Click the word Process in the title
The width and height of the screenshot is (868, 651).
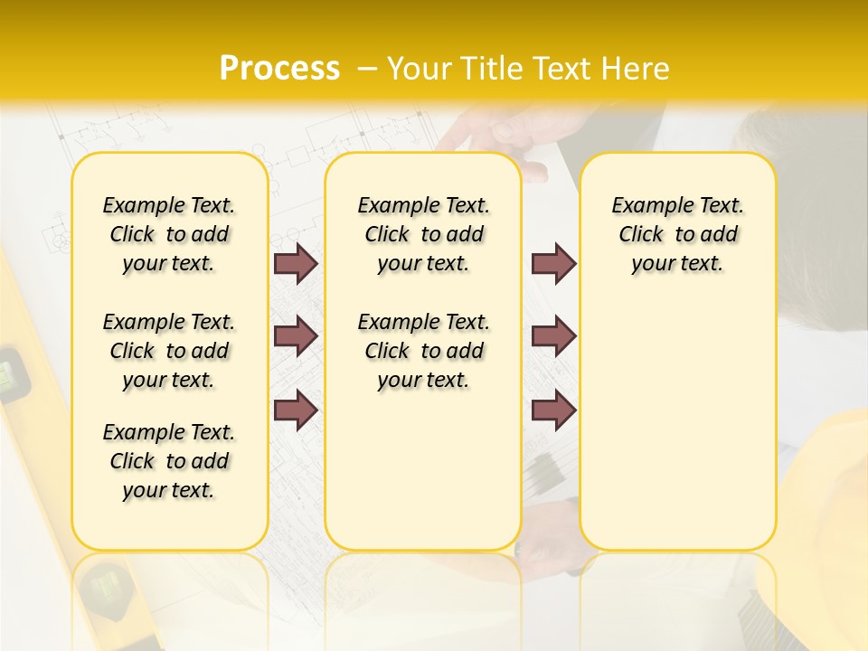(x=279, y=69)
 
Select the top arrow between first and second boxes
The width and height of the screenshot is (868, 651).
(x=296, y=263)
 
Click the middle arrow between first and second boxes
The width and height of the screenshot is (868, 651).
(x=296, y=336)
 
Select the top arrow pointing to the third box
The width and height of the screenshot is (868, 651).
(x=553, y=263)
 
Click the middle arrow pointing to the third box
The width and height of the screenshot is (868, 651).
(x=553, y=336)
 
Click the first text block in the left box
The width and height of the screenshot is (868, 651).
(x=169, y=234)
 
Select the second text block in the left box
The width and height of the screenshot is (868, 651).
(x=169, y=351)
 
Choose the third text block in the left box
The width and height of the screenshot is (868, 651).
(x=169, y=461)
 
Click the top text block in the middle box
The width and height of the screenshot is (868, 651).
(x=423, y=234)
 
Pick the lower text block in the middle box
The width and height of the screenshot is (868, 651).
(x=423, y=351)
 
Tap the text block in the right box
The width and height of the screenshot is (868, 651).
(x=678, y=234)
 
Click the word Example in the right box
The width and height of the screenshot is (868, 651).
(x=646, y=206)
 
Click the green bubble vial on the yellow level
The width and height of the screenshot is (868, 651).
(x=11, y=375)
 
